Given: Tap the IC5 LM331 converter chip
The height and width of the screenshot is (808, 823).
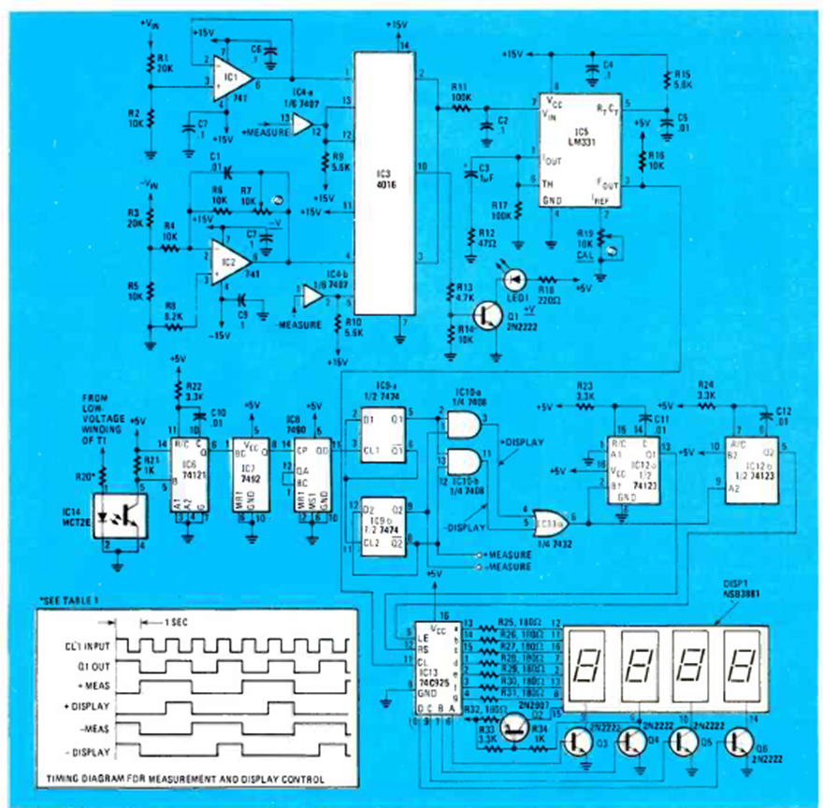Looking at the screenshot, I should pos(581,150).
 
